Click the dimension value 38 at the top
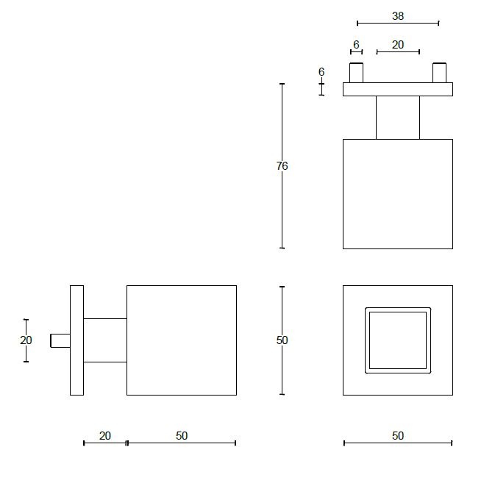coord(398,15)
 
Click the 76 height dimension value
coord(282,166)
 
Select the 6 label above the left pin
coord(356,45)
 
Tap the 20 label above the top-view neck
coord(398,45)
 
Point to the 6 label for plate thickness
coord(321,72)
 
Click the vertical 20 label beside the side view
coord(26,340)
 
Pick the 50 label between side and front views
coord(282,340)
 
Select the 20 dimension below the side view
coord(104,436)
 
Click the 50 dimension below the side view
coord(182,436)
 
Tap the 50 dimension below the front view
coord(398,436)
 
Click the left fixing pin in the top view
coord(356,73)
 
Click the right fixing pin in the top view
coord(440,73)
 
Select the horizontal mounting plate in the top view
coord(398,89)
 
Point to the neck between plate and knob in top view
coord(398,117)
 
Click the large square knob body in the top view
coord(398,193)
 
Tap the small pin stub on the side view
coord(60,340)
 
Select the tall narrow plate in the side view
coord(76,340)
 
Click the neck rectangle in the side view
coord(105,340)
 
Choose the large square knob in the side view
coord(182,340)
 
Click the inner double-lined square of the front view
coord(398,340)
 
